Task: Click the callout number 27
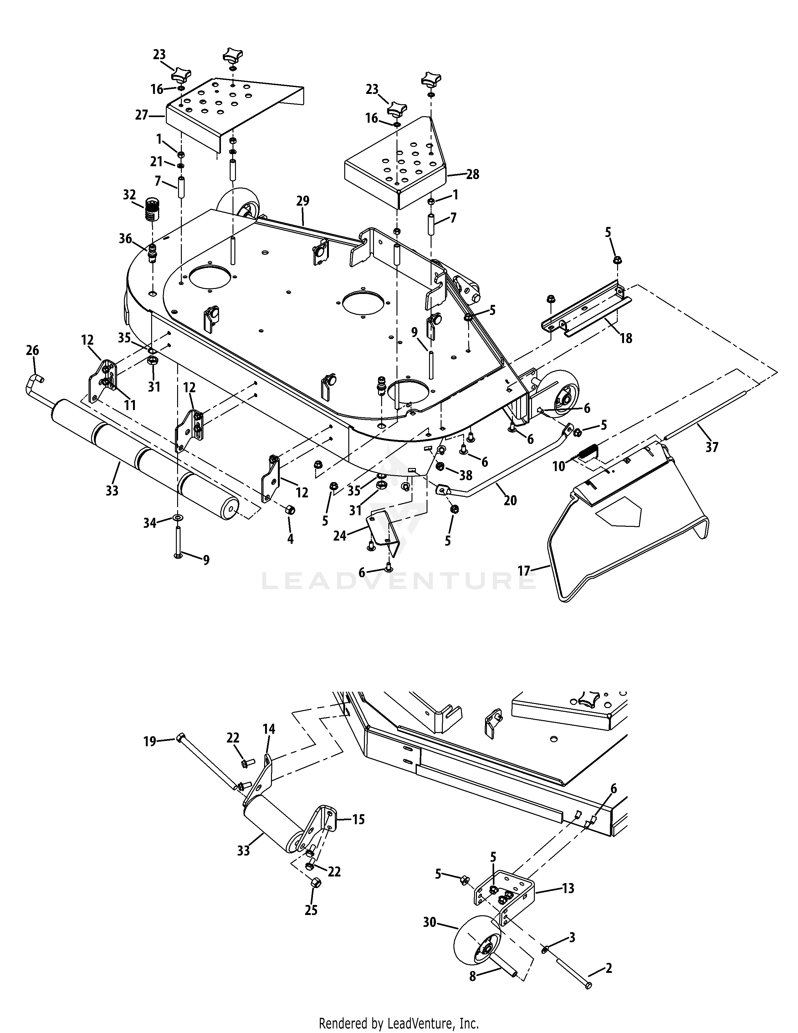142,115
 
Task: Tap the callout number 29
303,201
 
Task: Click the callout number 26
33,351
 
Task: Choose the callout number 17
524,571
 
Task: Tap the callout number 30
430,922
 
